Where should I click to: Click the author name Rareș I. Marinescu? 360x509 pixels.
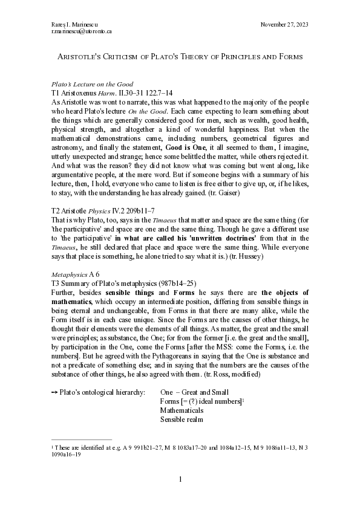[x=71, y=24]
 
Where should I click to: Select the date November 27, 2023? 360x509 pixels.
[x=284, y=24]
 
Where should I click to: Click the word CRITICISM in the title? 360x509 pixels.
[x=120, y=56]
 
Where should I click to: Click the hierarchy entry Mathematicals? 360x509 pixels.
[x=182, y=410]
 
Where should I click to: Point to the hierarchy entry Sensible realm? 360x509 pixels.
[x=182, y=419]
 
